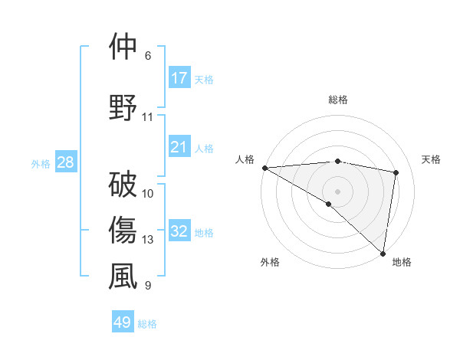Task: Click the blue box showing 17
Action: click(x=179, y=78)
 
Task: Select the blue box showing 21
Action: click(x=179, y=147)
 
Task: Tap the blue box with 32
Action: click(x=179, y=231)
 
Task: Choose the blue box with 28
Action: click(x=65, y=163)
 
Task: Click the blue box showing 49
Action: click(x=123, y=322)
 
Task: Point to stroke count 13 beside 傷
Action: click(x=148, y=240)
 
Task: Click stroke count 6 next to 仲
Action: click(x=147, y=56)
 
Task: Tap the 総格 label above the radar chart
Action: click(x=338, y=100)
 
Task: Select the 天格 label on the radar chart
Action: click(x=432, y=159)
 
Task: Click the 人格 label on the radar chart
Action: click(x=245, y=159)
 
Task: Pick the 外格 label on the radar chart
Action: click(x=270, y=262)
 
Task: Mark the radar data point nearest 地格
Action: click(x=383, y=254)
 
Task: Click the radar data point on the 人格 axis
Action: click(x=264, y=168)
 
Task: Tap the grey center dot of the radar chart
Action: click(x=337, y=191)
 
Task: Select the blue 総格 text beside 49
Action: click(x=147, y=324)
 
